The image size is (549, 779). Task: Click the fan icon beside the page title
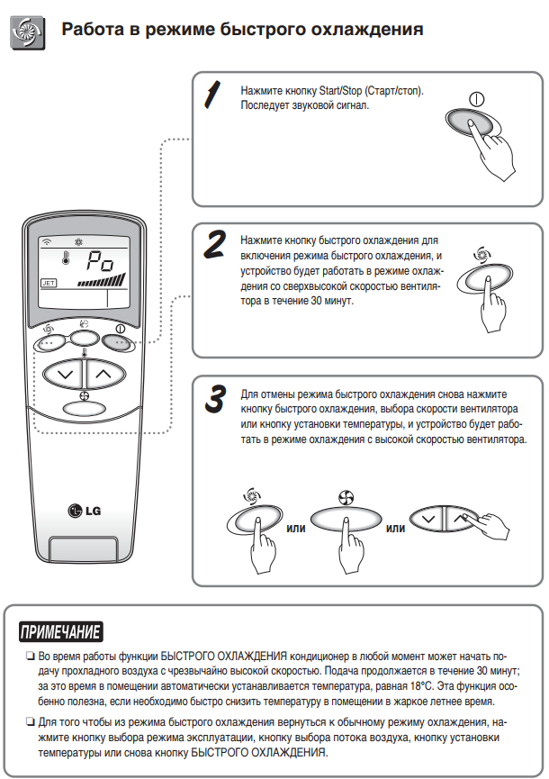coord(23,31)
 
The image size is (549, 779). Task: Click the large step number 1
coord(212,95)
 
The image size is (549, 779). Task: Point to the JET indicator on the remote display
coord(49,282)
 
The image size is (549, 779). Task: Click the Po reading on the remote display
coord(98,263)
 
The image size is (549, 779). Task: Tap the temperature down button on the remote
coord(63,372)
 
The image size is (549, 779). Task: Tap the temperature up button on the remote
coord(104,372)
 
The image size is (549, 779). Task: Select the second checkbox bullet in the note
coord(30,722)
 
